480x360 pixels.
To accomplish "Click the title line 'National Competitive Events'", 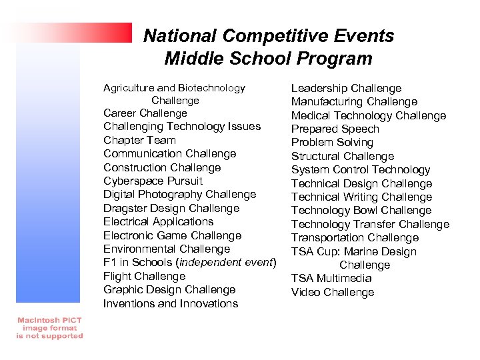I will pos(269,35).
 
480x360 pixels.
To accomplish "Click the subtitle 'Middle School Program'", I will pos(268,59).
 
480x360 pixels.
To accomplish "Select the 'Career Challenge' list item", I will pos(145,113).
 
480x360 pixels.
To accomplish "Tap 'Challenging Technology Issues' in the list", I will pos(182,127).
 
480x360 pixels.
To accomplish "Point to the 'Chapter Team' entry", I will pos(139,140).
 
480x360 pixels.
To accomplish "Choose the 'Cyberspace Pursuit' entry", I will pos(153,181).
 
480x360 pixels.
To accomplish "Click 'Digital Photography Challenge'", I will pos(179,195).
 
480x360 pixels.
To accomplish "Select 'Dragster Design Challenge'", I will pos(171,208).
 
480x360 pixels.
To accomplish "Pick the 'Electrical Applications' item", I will pos(158,221).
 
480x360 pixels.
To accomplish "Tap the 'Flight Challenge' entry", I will pos(144,276).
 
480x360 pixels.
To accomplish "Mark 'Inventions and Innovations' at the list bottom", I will pos(170,303).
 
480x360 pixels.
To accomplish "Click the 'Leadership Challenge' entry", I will pos(346,89).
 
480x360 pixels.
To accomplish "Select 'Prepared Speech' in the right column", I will pos(335,129).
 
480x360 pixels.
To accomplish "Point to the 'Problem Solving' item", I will pos(332,143).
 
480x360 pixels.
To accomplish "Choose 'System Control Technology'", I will pos(361,170).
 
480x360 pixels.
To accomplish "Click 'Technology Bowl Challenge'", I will pos(361,211).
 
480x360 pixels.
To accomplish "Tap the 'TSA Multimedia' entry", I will pos(331,279).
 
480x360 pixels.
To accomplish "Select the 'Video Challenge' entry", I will pos(333,293).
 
